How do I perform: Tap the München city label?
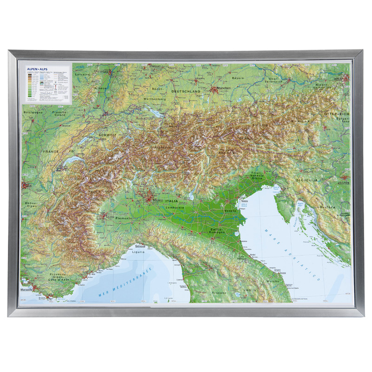click(224, 87)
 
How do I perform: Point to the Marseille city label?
click(27, 290)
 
